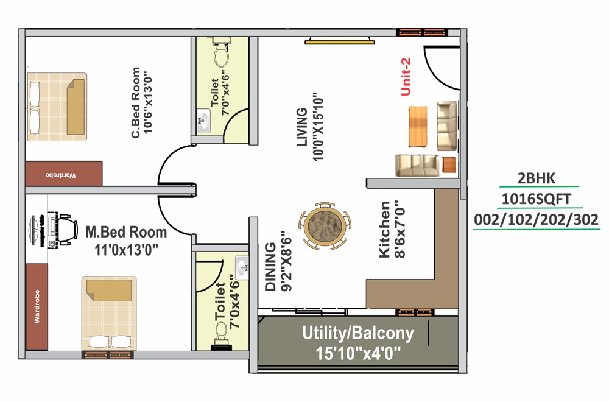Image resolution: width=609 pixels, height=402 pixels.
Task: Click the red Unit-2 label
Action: coord(406,77)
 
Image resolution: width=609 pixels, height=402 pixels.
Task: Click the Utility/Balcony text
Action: coord(358,333)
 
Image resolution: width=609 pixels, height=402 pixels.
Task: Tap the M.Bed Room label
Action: coord(126,232)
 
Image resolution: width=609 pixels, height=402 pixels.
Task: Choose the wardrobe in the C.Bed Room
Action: coord(63,174)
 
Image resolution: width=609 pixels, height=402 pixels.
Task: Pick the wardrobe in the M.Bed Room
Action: coord(37,307)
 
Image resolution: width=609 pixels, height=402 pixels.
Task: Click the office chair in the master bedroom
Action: coord(68,229)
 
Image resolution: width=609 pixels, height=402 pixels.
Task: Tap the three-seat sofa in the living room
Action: coord(417,166)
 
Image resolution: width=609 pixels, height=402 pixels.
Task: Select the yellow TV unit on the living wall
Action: coord(340,41)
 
